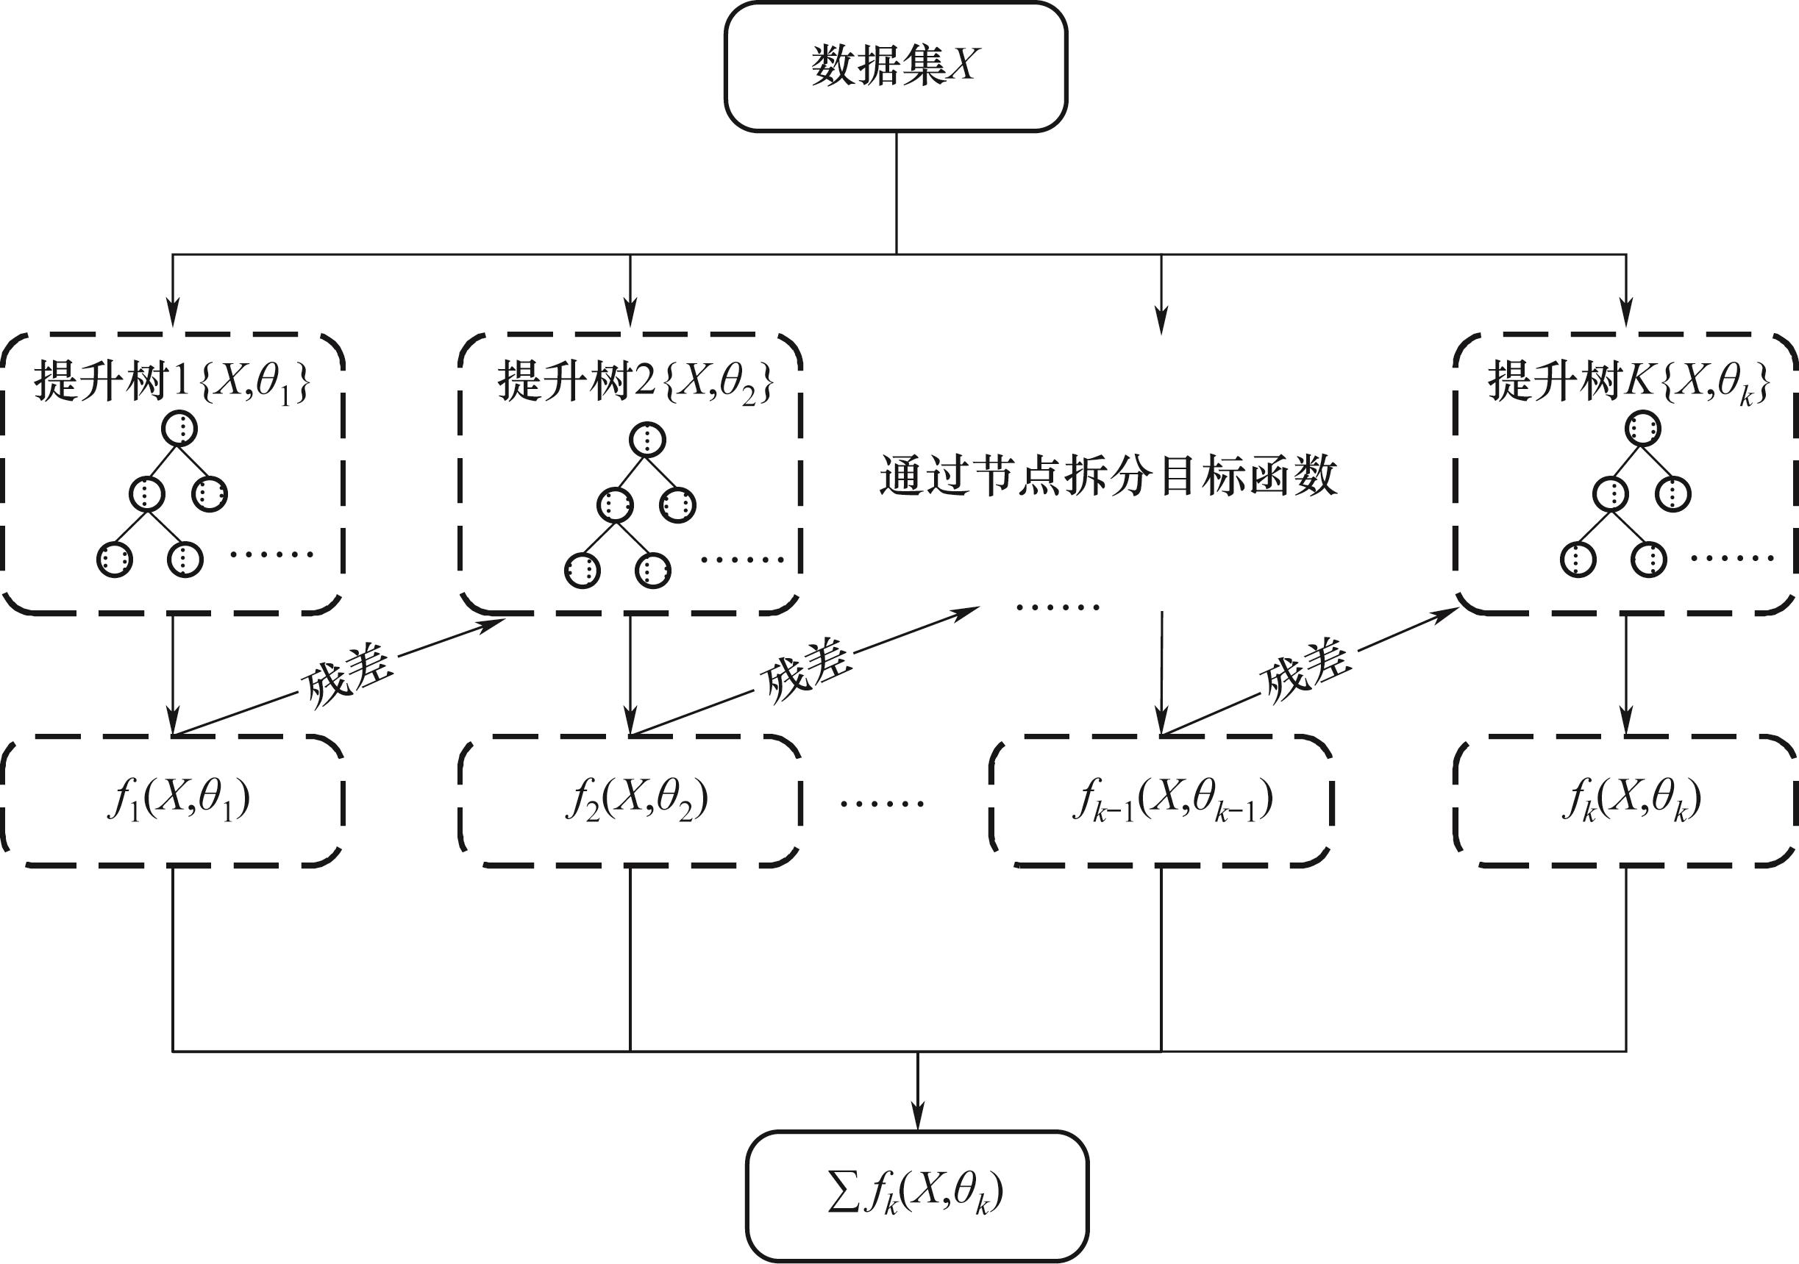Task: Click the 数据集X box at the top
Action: point(896,65)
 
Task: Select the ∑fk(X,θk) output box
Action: point(916,1193)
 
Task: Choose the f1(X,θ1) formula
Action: point(179,800)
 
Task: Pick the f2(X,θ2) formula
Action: point(636,800)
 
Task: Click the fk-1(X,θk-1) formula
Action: point(1172,800)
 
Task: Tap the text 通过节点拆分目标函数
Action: point(1108,476)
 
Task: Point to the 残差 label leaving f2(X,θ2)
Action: point(805,671)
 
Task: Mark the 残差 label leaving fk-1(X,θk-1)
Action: point(1305,669)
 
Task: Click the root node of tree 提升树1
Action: point(179,429)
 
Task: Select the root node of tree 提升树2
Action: point(647,439)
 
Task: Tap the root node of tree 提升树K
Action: point(1642,429)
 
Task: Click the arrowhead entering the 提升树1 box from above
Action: point(172,313)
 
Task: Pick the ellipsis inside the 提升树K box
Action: point(1732,558)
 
